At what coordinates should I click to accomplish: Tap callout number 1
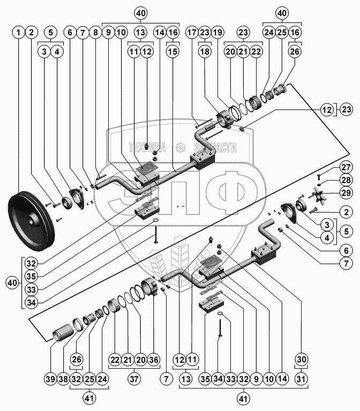19,33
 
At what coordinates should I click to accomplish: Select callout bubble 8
95,33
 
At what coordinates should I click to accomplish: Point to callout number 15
172,52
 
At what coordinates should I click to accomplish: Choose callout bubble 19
218,33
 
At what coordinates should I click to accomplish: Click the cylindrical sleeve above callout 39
63,332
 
